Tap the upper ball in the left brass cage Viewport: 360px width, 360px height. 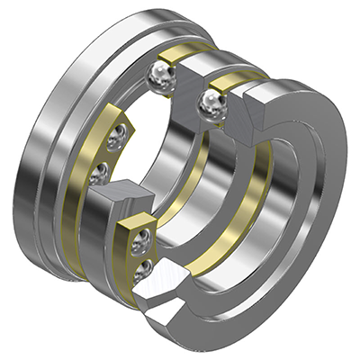[x=118, y=136]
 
